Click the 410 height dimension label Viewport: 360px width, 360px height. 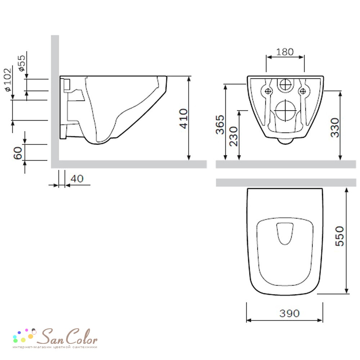click(x=184, y=118)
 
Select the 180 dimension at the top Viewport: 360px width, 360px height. click(x=285, y=52)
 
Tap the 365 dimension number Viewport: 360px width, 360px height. click(x=220, y=125)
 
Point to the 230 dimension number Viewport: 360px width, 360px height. click(x=234, y=136)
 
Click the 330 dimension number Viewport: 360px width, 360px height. click(x=335, y=128)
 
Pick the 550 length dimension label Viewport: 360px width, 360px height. click(x=339, y=236)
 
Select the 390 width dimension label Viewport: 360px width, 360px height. click(x=289, y=313)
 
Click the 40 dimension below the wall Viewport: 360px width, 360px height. click(x=77, y=179)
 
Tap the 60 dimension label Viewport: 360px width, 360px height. click(x=18, y=153)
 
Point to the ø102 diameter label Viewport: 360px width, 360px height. click(x=8, y=80)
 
